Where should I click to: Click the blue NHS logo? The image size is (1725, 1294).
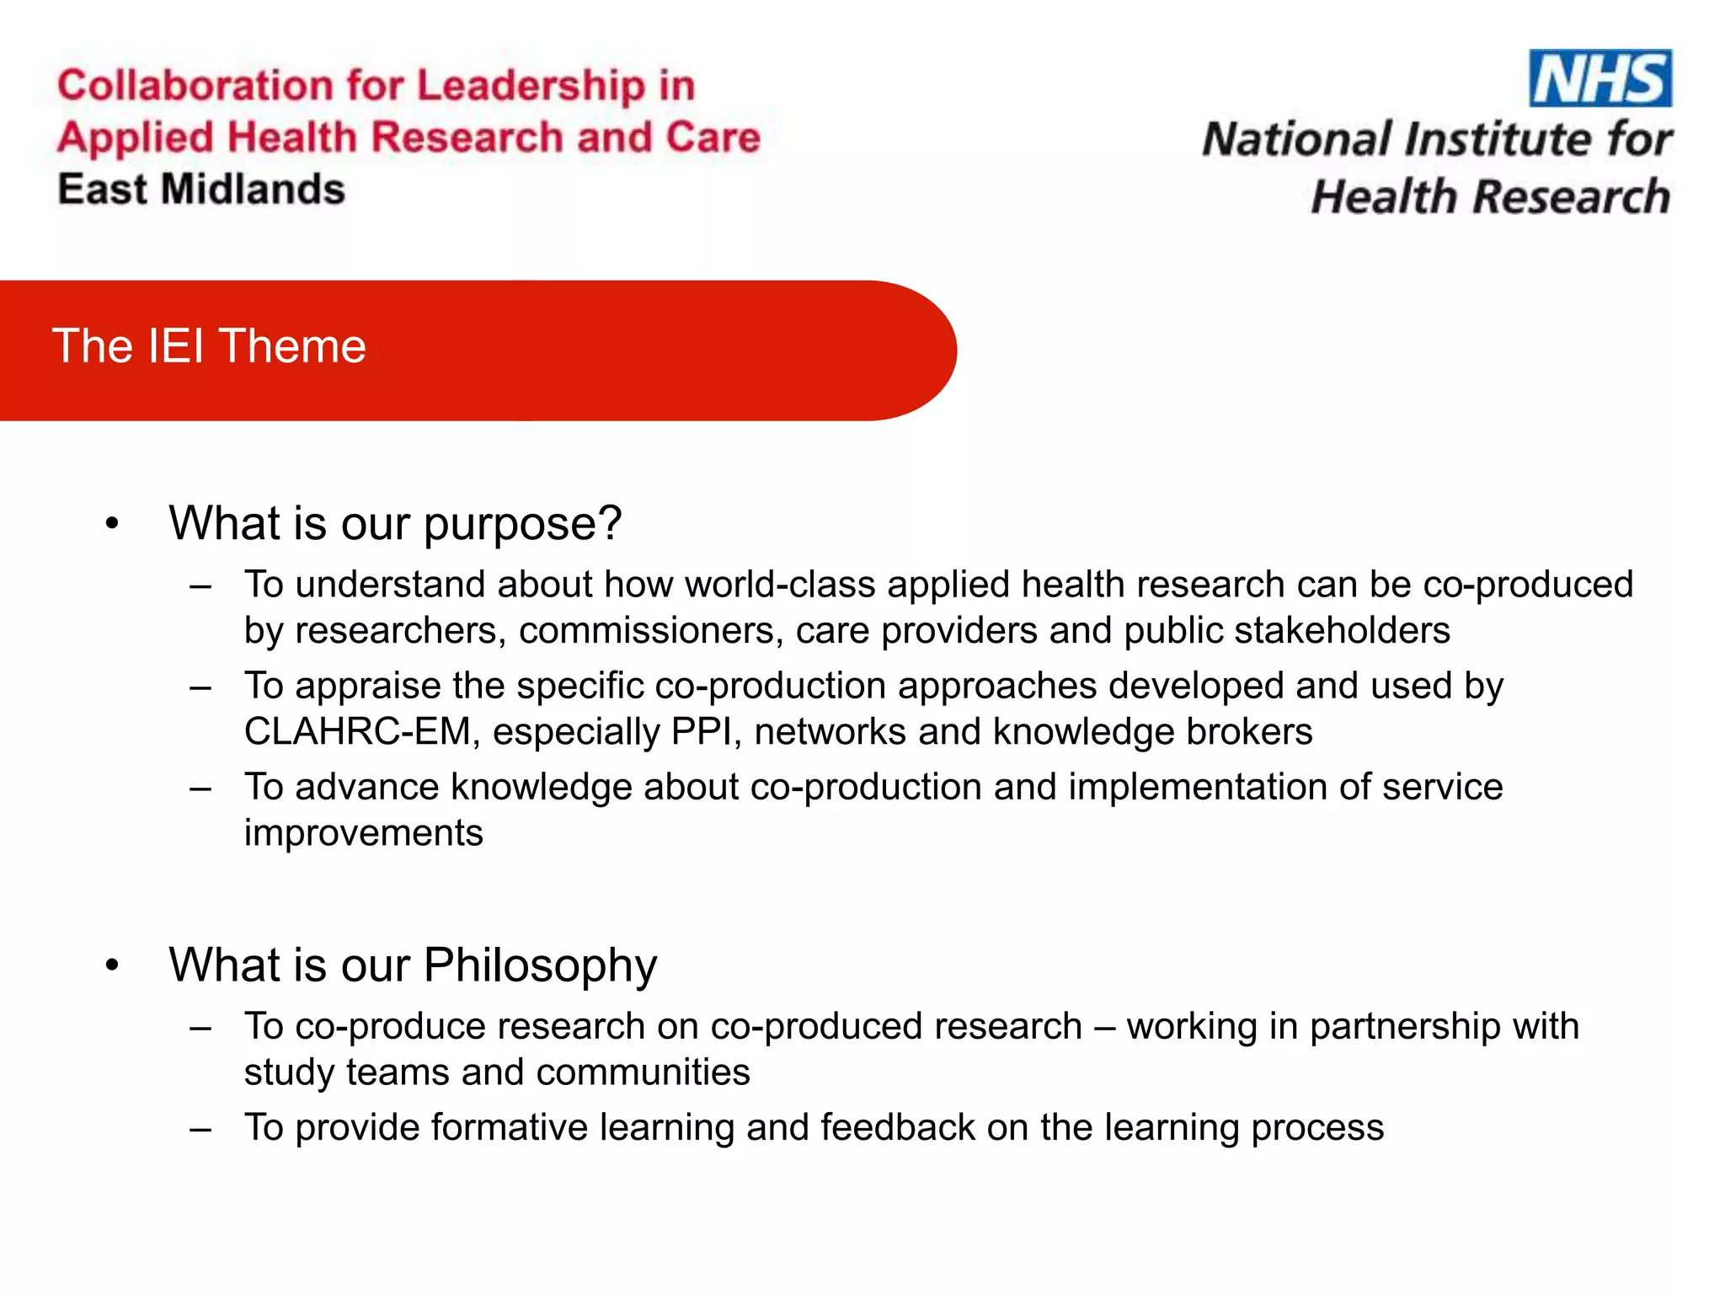point(1599,78)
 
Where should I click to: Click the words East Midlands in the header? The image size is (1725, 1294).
point(201,190)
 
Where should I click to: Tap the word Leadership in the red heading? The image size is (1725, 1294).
point(531,86)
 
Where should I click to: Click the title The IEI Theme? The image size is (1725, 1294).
point(209,346)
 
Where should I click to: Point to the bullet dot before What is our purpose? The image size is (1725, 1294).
point(112,524)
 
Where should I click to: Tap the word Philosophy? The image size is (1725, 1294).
point(539,965)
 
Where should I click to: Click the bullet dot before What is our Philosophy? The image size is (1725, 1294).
point(112,965)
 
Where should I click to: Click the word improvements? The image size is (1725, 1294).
point(363,833)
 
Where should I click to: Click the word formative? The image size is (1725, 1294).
point(509,1128)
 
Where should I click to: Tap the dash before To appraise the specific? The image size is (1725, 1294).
point(200,687)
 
